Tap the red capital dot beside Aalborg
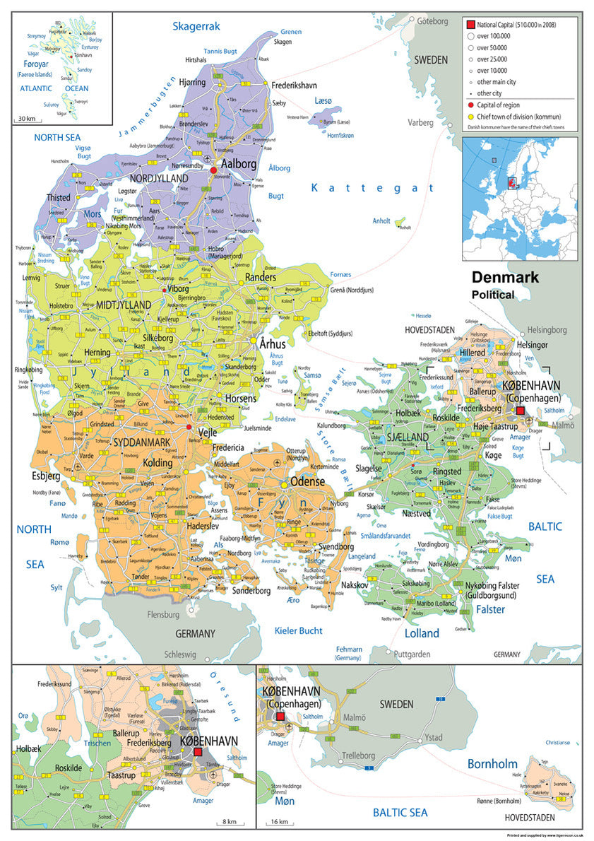pyautogui.click(x=213, y=170)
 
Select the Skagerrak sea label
pyautogui.click(x=196, y=26)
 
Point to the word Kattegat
pyautogui.click(x=374, y=187)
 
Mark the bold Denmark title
pyautogui.click(x=505, y=277)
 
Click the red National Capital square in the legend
pyautogui.click(x=470, y=25)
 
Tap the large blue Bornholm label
pyautogui.click(x=492, y=764)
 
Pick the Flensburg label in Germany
pyautogui.click(x=163, y=615)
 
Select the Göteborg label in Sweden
pyautogui.click(x=432, y=20)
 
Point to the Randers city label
pyautogui.click(x=261, y=278)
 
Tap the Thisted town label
pyautogui.click(x=59, y=198)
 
